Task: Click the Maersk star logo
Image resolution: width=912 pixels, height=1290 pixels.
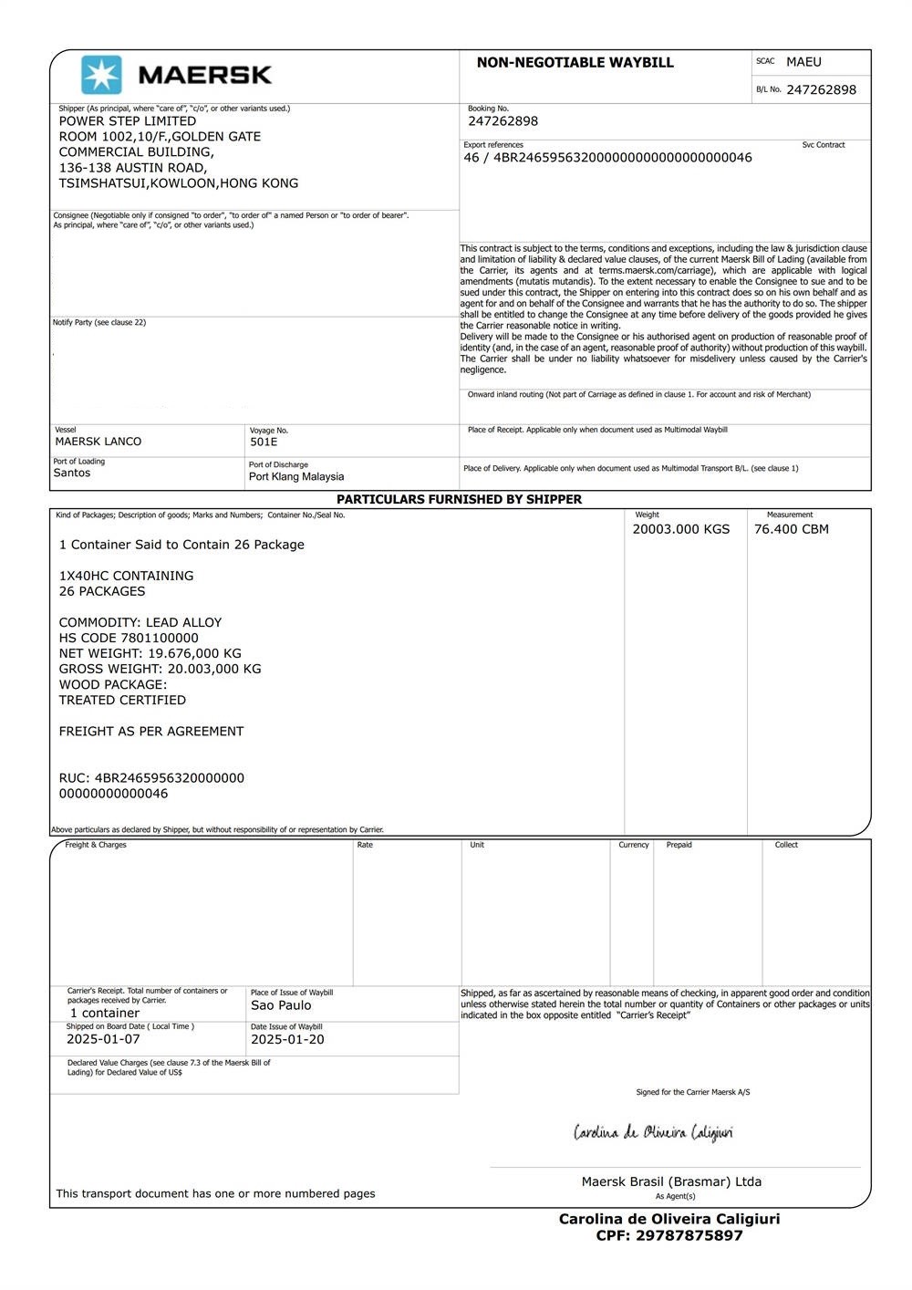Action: point(101,75)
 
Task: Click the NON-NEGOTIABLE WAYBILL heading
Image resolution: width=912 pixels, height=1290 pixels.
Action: point(575,63)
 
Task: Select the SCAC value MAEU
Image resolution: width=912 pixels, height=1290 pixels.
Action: point(803,62)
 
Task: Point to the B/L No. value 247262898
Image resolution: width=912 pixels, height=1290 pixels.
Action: point(821,89)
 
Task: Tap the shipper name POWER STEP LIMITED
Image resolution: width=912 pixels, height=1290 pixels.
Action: point(128,120)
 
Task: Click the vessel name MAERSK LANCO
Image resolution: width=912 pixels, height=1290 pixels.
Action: point(98,442)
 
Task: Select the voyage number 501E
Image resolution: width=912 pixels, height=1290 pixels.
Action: point(264,442)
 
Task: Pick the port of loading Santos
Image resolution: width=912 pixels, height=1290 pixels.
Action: point(72,473)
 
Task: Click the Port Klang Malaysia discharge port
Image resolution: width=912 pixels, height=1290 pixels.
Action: point(296,476)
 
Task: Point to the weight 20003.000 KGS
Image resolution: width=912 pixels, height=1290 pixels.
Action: point(681,529)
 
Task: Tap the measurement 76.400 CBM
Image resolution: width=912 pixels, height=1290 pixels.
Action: point(792,529)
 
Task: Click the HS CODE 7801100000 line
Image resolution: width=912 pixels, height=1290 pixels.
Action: point(129,638)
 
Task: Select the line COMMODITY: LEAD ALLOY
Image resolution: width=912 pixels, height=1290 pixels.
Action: point(140,622)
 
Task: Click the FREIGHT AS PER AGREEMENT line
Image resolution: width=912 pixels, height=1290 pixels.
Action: point(151,731)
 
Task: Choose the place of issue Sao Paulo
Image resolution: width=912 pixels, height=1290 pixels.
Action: point(281,1005)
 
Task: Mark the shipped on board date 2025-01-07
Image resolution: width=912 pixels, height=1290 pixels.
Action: point(103,1039)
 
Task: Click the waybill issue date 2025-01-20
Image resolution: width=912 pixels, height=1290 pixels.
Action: point(287,1039)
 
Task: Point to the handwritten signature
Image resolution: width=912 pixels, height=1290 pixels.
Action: point(653,1133)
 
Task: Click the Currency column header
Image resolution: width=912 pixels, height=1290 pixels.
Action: point(634,845)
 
